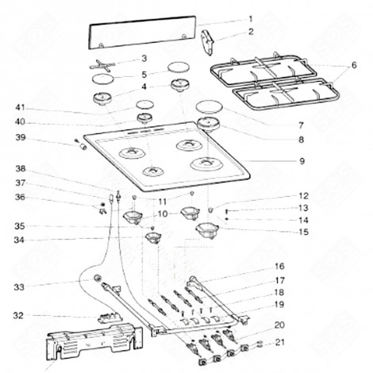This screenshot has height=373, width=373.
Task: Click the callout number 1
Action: [x=251, y=18]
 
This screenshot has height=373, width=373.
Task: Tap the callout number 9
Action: [x=279, y=161]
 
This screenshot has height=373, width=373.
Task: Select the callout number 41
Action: [x=20, y=106]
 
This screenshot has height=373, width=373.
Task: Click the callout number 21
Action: [x=279, y=343]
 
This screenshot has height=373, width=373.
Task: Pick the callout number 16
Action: [x=279, y=266]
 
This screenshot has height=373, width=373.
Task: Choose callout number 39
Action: [x=20, y=137]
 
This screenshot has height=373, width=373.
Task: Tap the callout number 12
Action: [x=280, y=195]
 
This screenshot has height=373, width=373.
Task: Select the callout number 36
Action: [x=20, y=198]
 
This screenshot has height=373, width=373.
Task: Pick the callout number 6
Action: [x=354, y=64]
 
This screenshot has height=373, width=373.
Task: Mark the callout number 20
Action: [x=279, y=325]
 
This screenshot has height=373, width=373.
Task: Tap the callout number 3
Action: [x=144, y=58]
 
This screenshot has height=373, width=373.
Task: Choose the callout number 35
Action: [x=20, y=226]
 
